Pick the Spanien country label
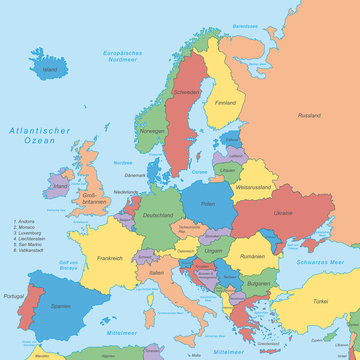62,305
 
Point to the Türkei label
319,301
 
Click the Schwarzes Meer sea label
319,262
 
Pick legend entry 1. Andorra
29,248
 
